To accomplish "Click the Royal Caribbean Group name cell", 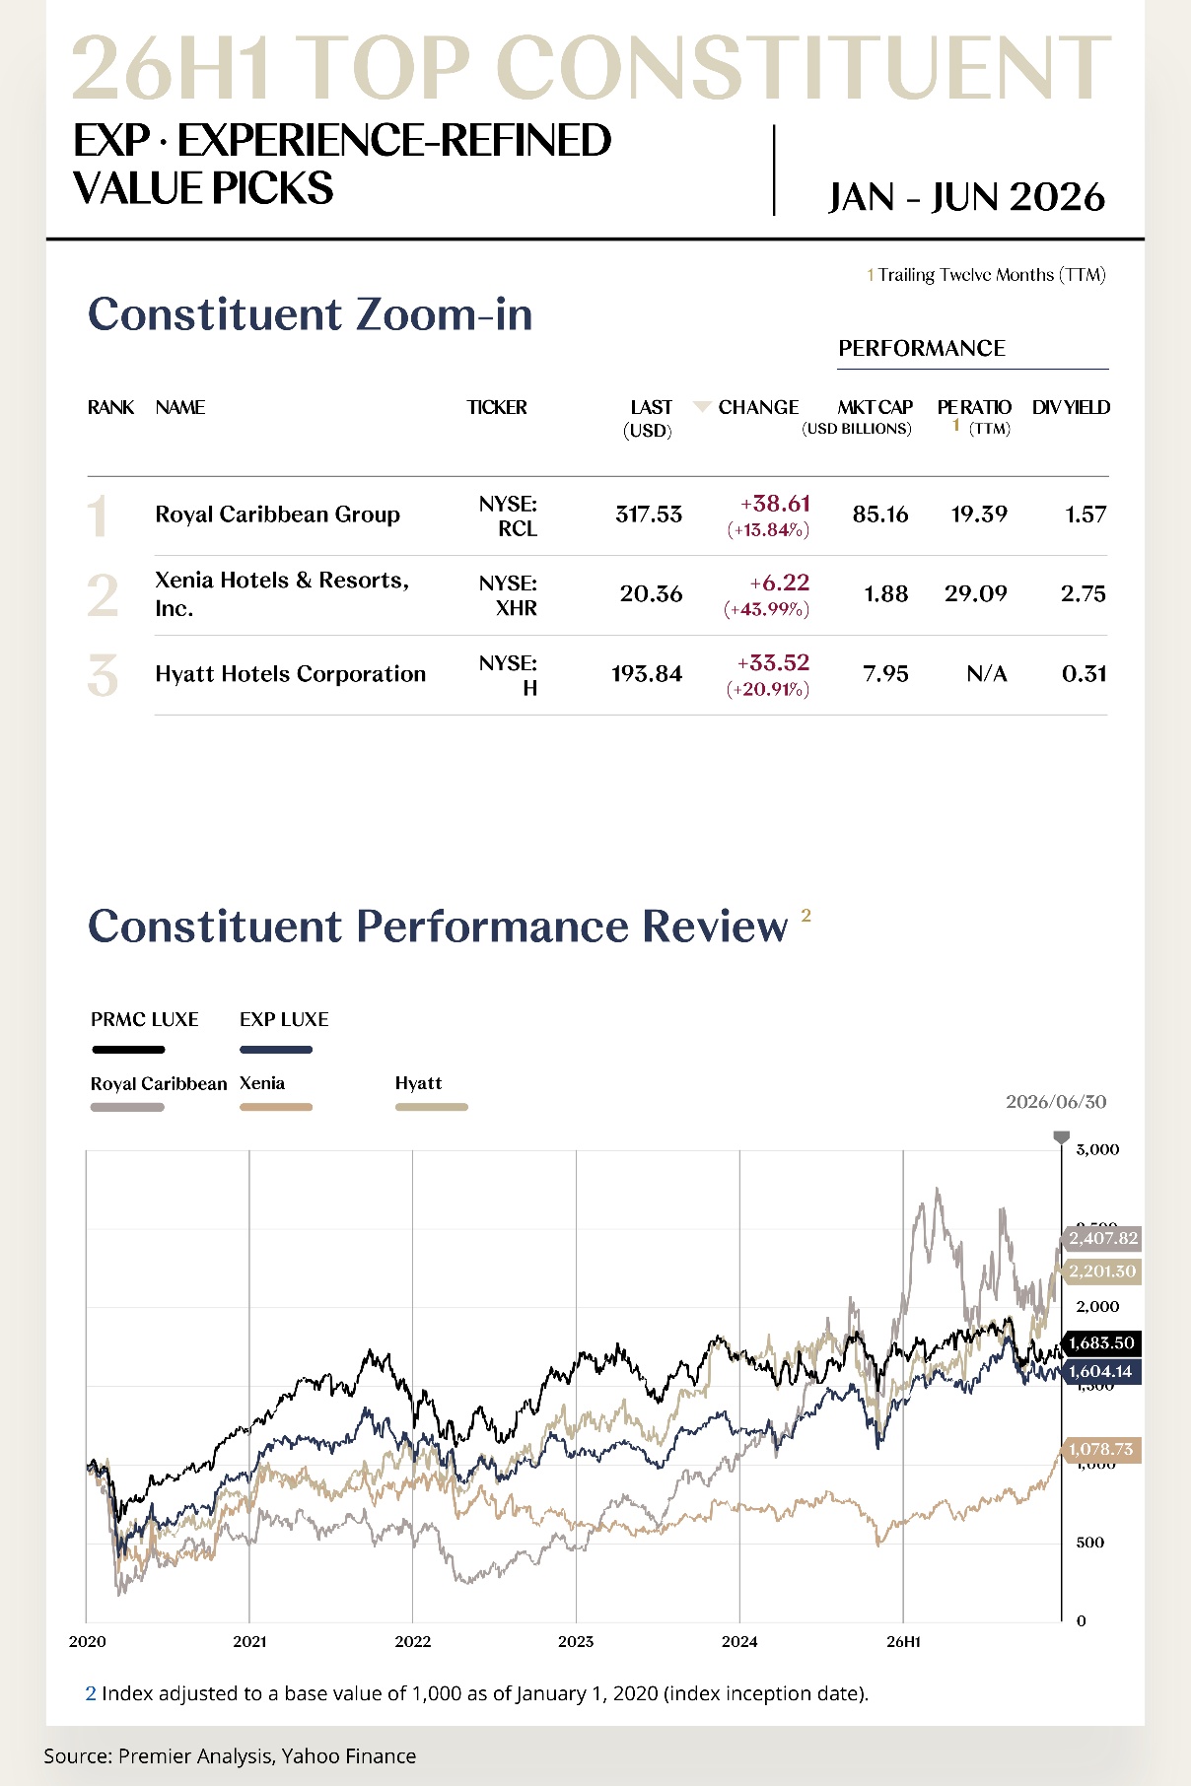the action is pos(277,515).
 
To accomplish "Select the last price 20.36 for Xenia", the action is pos(651,593).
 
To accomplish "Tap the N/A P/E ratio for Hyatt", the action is pos(987,674).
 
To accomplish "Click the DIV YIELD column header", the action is pos(1071,407).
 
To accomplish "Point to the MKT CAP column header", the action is pos(875,407).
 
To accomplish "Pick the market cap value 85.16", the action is pos(880,515).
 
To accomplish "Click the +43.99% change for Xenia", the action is pos(766,609).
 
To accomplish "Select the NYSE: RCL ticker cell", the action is pos(509,516).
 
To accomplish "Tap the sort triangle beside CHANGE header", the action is pos(702,406).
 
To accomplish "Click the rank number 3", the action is pos(103,675).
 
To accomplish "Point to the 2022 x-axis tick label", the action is pos(413,1641).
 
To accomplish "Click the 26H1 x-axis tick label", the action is pos(903,1641).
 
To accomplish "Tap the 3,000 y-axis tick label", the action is pos(1097,1149).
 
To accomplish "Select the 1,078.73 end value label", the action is pos(1101,1449).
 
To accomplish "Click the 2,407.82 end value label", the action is pos(1101,1238).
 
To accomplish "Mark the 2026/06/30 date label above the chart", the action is pos(1056,1102).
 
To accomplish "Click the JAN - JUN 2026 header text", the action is pos(966,197).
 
